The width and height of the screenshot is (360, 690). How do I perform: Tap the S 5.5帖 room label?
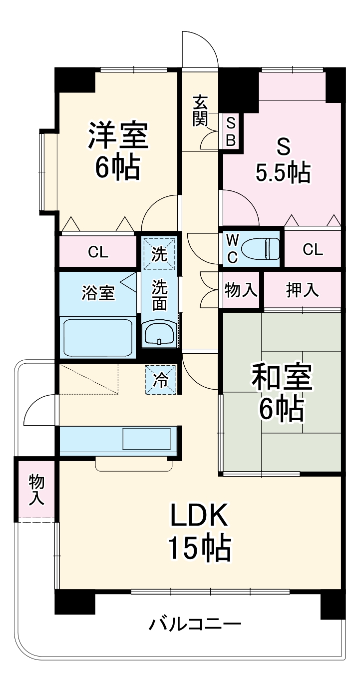click(x=283, y=160)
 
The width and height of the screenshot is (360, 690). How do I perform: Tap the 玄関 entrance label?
click(x=200, y=111)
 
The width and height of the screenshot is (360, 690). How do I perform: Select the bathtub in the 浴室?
click(x=98, y=336)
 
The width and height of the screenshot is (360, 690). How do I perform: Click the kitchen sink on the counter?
click(x=147, y=439)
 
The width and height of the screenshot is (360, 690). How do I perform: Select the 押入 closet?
click(x=303, y=290)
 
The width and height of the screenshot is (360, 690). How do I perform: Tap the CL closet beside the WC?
click(x=313, y=249)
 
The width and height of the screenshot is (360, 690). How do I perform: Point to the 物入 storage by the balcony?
click(x=36, y=489)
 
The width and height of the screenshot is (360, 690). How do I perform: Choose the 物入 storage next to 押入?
click(x=241, y=290)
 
